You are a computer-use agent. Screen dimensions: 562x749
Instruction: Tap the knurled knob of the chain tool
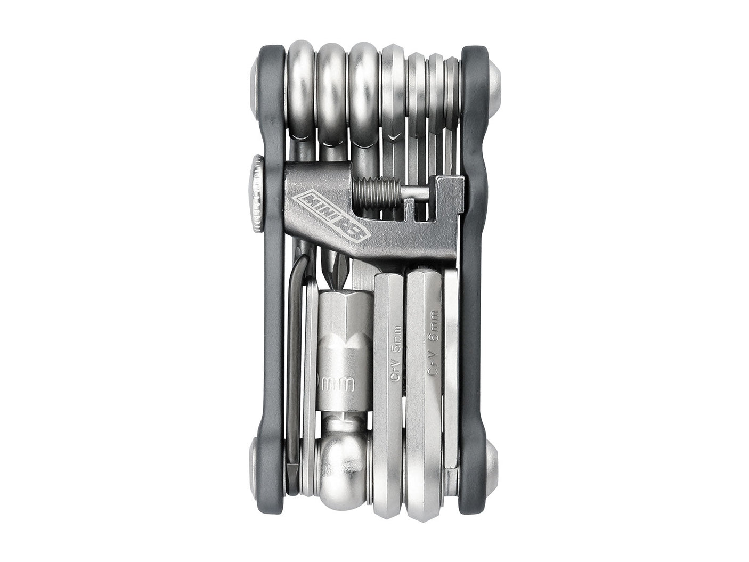tap(257, 193)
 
